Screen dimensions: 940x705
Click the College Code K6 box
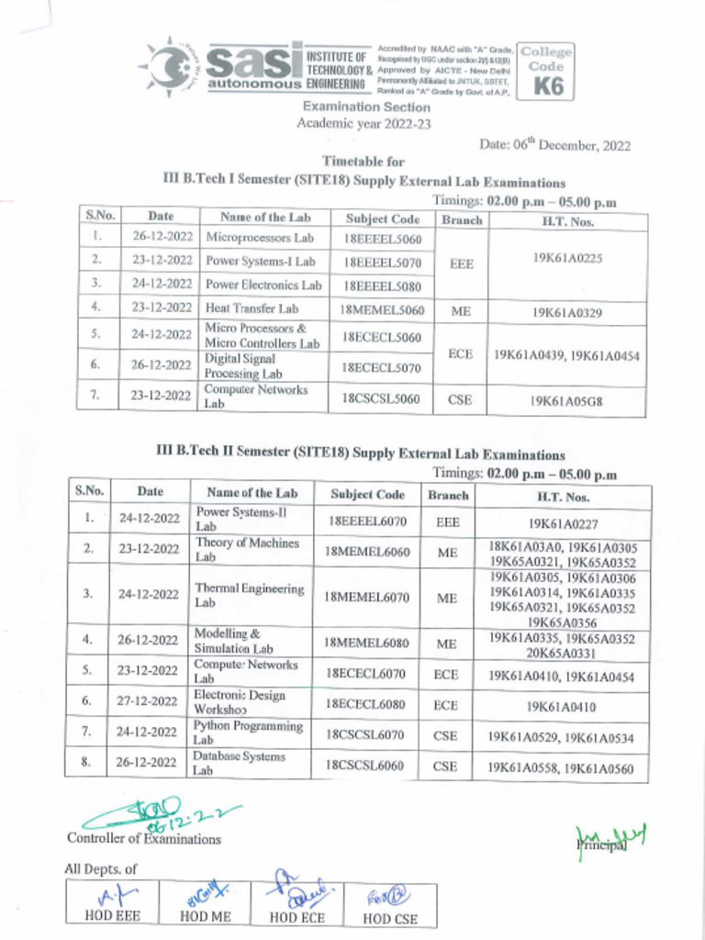coord(545,71)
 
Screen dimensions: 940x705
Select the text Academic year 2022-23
coord(364,123)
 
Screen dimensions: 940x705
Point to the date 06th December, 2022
coord(554,145)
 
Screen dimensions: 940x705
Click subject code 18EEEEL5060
coord(383,238)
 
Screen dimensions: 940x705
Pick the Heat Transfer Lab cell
coord(252,309)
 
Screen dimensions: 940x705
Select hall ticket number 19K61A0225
coord(567,260)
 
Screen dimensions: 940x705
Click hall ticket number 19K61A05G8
coord(567,400)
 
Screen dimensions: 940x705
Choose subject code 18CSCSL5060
coord(383,398)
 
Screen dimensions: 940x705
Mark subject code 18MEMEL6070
coord(367,597)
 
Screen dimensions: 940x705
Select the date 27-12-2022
coord(149,702)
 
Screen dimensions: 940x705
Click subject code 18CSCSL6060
coord(365,765)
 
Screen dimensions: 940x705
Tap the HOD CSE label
coord(389,917)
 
